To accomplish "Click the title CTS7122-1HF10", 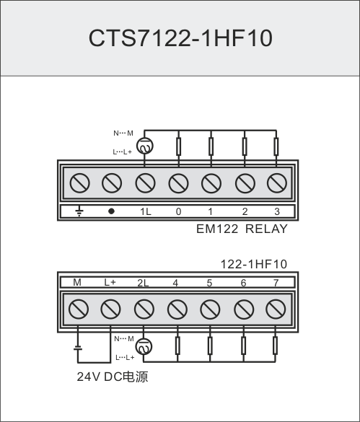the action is (180, 38).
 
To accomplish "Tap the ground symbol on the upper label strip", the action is (79, 211).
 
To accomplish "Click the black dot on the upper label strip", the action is (111, 211).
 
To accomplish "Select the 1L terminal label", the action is (146, 211).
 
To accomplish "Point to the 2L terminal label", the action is (143, 283).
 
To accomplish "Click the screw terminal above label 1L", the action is (145, 183).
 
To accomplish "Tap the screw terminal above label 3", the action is (277, 183).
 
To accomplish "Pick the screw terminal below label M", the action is (79, 309).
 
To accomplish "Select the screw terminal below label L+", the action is (110, 309).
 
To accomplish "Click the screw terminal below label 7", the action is (276, 309).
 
